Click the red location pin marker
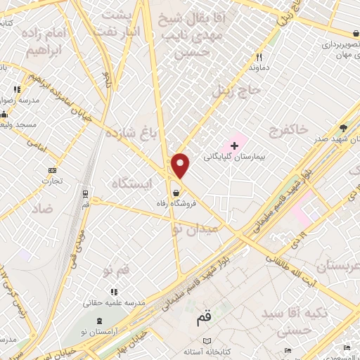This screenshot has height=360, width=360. [181, 166]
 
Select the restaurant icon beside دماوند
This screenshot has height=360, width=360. [259, 57]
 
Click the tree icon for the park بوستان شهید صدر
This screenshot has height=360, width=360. [342, 127]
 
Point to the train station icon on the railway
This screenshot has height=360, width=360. [84, 193]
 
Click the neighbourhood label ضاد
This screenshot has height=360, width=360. [42, 209]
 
